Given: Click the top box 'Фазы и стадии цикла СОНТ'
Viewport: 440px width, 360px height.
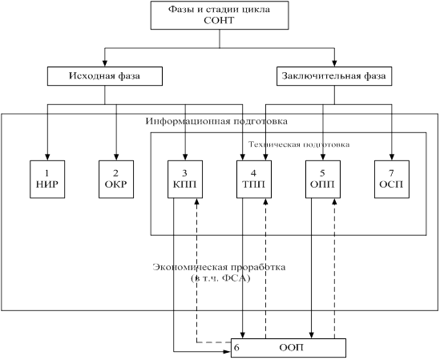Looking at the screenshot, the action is [x=220, y=15].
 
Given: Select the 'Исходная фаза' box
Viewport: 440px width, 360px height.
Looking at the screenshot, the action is [x=105, y=76].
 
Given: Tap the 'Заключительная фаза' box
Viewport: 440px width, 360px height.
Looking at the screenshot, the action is [x=334, y=76].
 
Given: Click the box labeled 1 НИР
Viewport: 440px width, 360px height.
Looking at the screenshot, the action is [x=47, y=179].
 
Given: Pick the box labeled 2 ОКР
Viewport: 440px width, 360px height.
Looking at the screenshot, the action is [x=116, y=179].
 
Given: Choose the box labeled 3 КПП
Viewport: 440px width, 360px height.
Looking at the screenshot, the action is [x=185, y=179].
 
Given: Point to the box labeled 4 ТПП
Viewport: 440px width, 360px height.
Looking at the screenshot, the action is [x=254, y=179].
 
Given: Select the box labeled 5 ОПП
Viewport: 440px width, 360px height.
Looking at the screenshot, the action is [x=323, y=179].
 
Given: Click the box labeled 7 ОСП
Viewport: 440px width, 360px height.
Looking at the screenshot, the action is [x=392, y=179].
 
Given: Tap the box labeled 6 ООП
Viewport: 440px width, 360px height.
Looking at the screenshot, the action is [x=289, y=348].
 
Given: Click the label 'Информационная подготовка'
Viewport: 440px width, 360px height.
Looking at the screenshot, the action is [x=216, y=121].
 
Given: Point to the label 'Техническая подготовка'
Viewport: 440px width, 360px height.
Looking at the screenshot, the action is [x=299, y=144].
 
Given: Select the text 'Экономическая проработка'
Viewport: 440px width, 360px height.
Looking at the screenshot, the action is [x=219, y=267].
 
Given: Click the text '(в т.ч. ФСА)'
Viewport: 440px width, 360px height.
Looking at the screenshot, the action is [x=220, y=278].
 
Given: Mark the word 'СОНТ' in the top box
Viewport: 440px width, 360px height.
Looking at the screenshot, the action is [x=219, y=21].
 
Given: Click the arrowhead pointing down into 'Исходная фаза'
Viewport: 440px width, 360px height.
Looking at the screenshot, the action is [x=105, y=63].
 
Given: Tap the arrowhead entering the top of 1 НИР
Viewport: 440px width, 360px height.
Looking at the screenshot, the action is [x=47, y=157].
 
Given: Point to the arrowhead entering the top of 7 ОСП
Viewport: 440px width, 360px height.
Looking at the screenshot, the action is [x=392, y=157].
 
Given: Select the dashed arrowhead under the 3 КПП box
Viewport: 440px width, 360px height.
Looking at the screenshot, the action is [x=197, y=201].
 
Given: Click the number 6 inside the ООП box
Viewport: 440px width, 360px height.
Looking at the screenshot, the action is [x=236, y=348].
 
